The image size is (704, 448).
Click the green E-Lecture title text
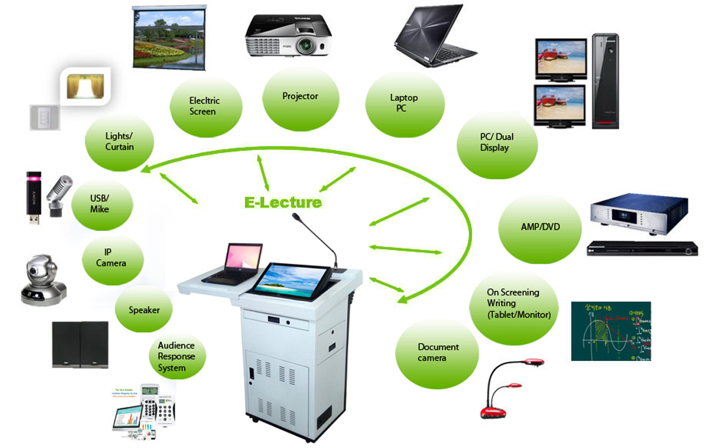[x=282, y=202]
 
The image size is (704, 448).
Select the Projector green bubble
[x=300, y=96]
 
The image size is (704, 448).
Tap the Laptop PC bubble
[x=404, y=103]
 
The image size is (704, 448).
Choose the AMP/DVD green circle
[x=540, y=227]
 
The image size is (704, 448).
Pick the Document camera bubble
[x=438, y=353]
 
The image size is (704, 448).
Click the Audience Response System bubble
[x=177, y=357]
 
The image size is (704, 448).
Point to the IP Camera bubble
[x=112, y=258]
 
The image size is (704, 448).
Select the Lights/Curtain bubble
[x=119, y=142]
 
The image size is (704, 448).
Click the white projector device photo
[x=288, y=34]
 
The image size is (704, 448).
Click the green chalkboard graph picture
[x=610, y=331]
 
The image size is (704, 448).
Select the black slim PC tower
[x=604, y=81]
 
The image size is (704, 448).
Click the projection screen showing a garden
[x=169, y=37]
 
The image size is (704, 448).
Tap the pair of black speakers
[x=80, y=344]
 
